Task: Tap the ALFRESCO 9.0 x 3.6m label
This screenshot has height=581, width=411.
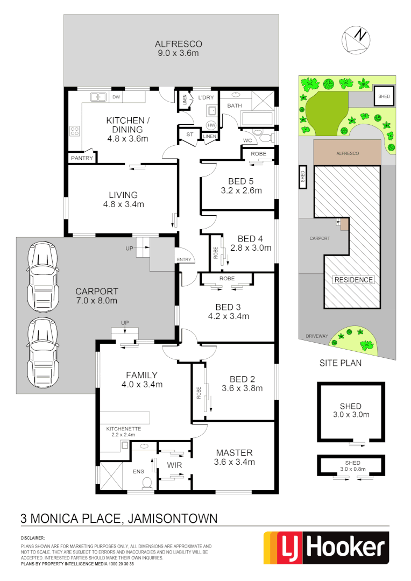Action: coord(171,49)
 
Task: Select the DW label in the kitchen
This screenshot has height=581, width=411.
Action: coord(116,97)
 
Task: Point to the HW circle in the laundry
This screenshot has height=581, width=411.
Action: coord(211,125)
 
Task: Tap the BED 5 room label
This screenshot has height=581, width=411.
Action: coord(241,181)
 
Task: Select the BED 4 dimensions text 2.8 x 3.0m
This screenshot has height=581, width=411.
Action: coord(251,248)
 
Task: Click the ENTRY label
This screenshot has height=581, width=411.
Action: coord(183,260)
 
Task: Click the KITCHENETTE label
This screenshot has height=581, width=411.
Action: coord(123,429)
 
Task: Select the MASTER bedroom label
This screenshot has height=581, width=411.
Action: coord(234,452)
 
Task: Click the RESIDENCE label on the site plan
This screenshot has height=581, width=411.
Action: coord(353,280)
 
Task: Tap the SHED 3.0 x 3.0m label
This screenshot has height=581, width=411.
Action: coord(351,410)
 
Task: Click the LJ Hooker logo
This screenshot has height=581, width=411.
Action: coord(326,548)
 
